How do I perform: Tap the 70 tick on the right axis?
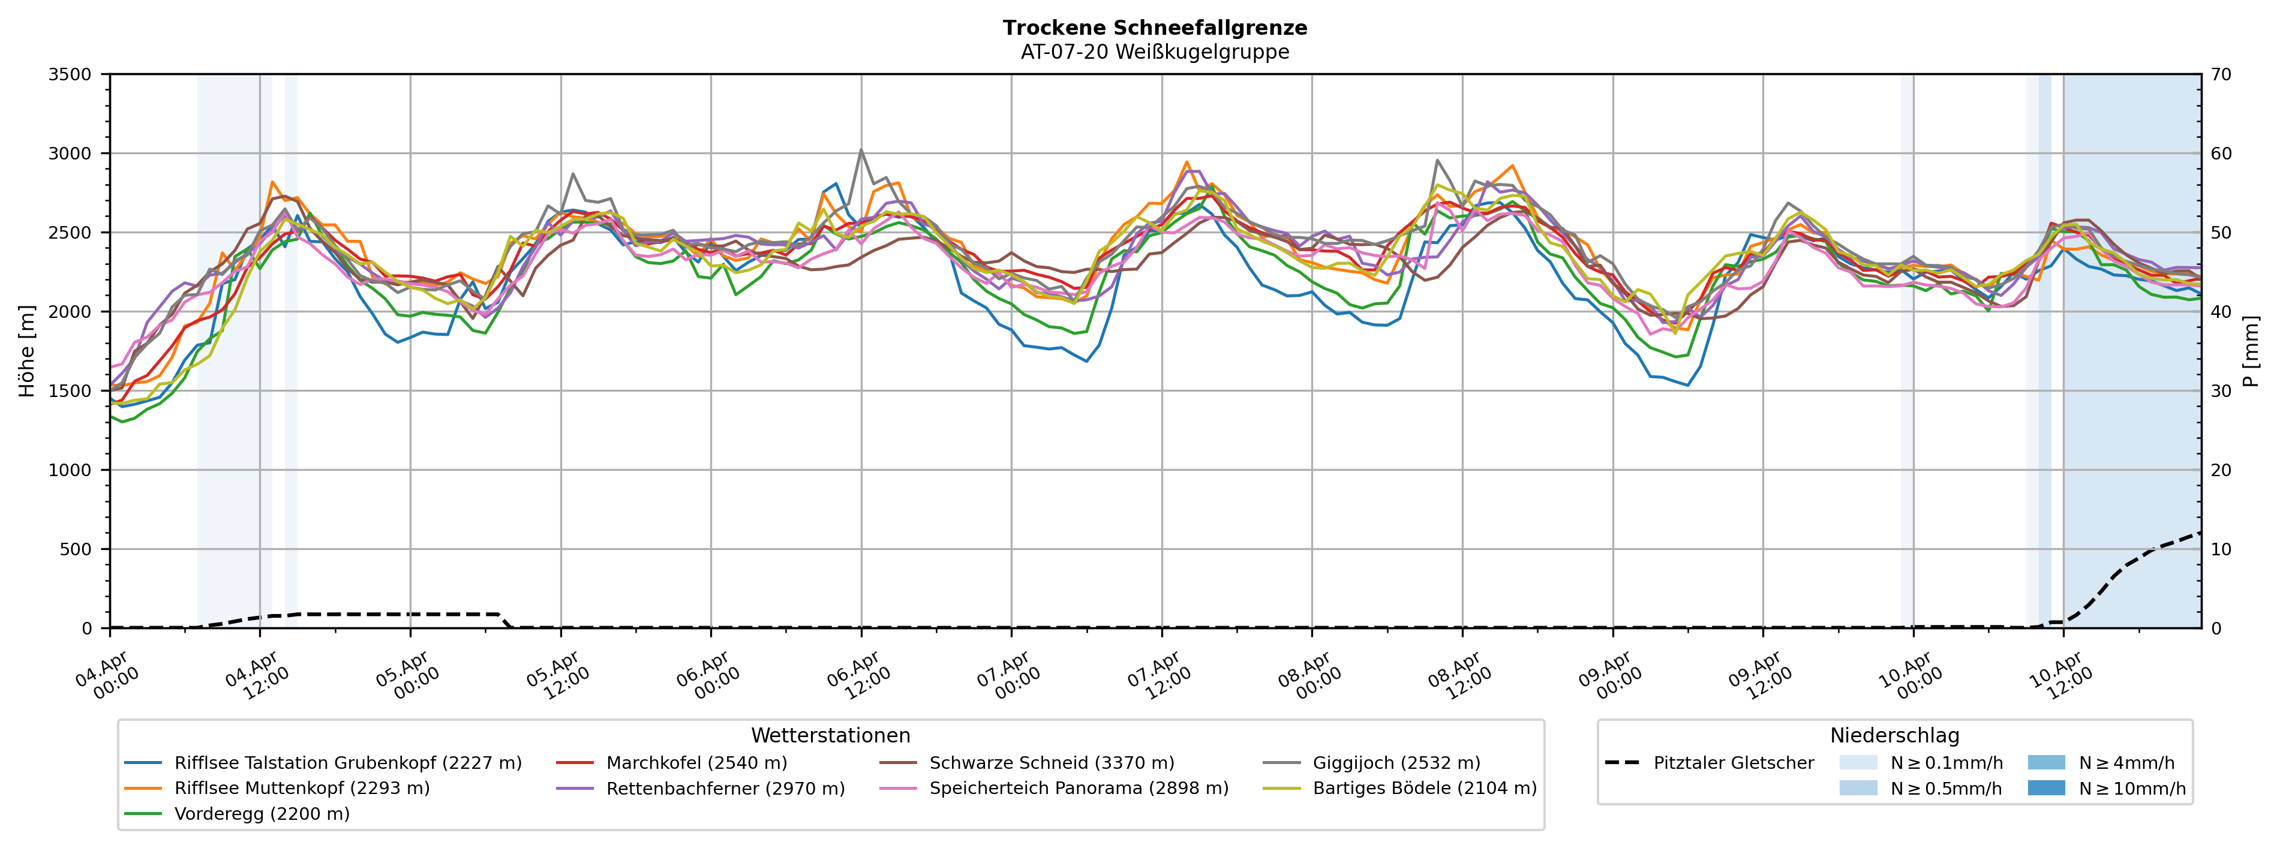coord(2222,74)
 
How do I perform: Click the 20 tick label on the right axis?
coord(2222,470)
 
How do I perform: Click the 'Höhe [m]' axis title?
coord(26,351)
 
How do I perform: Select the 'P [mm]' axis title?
coord(2251,351)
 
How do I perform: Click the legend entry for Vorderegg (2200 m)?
coord(261,813)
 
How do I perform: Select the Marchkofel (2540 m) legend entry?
coord(696,763)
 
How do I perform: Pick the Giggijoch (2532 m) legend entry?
coord(1396,763)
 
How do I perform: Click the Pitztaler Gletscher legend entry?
coord(1733,763)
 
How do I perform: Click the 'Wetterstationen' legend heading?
coord(830,736)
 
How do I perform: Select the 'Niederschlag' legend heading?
coord(1894,736)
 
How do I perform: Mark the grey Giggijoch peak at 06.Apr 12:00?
coord(861,149)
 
